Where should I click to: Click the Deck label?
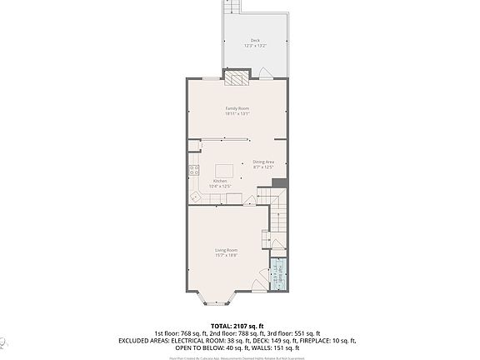click(x=254, y=41)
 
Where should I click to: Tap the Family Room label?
click(x=237, y=108)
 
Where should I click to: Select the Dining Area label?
click(x=263, y=162)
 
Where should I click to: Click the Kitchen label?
click(x=220, y=181)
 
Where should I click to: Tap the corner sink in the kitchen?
click(x=194, y=197)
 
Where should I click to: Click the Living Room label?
click(x=227, y=250)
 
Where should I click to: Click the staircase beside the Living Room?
click(x=278, y=217)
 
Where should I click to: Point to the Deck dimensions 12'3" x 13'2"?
click(x=254, y=47)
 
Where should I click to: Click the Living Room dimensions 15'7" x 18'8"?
click(x=227, y=256)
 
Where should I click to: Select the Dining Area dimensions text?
click(x=263, y=167)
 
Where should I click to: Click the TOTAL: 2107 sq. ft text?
click(x=239, y=325)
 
